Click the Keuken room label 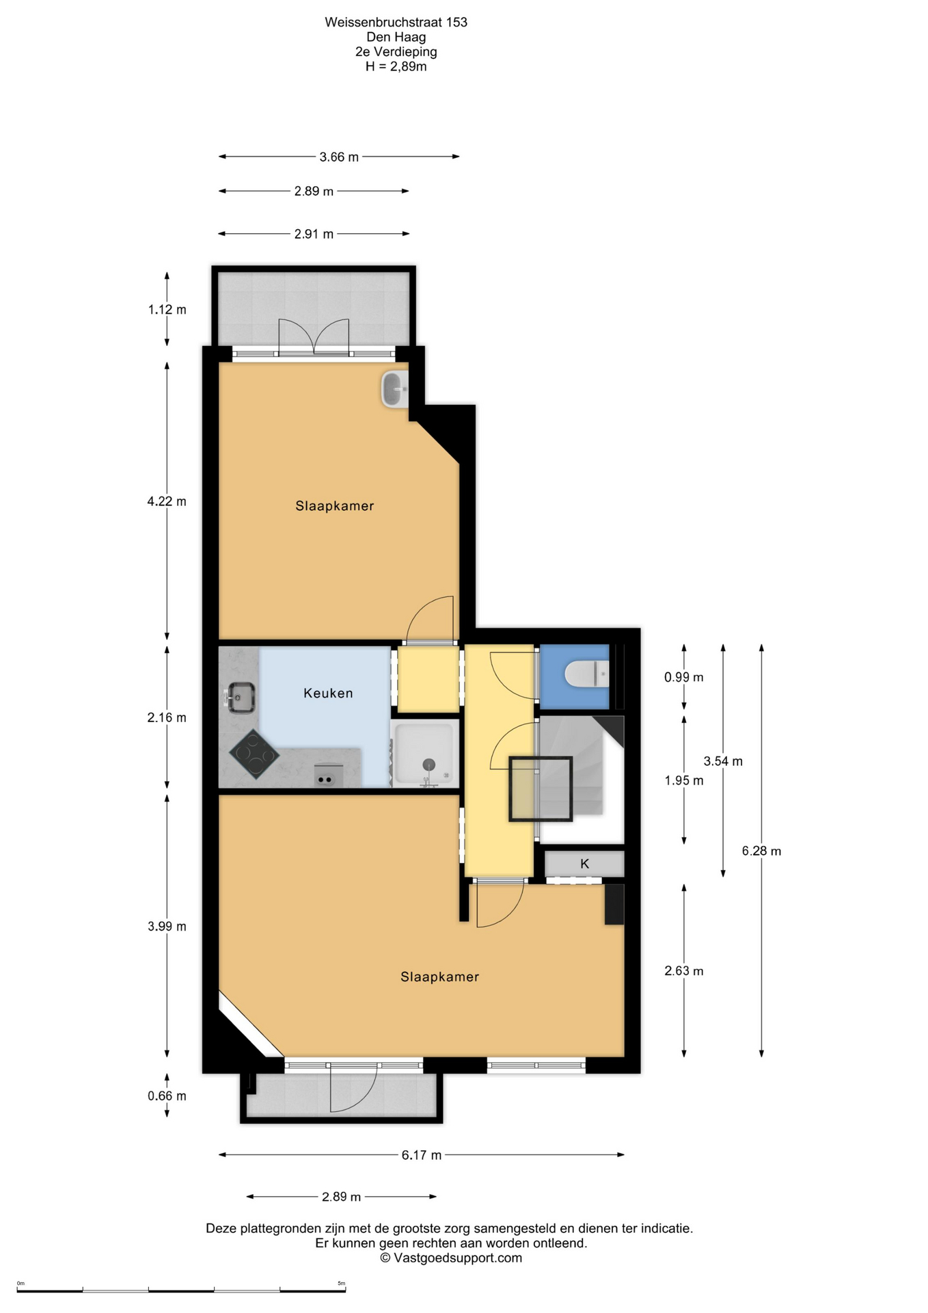(328, 693)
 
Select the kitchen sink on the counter (239, 698)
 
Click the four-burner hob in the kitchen (254, 754)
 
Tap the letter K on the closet (584, 864)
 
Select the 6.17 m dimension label (422, 1155)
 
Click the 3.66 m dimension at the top (339, 157)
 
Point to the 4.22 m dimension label (167, 501)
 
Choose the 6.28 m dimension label (761, 851)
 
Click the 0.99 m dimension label (684, 677)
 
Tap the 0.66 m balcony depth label (167, 1096)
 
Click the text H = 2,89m (396, 66)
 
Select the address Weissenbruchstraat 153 (396, 22)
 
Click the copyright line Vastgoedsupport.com (451, 1258)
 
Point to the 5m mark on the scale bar (342, 1283)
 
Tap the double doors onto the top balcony (314, 337)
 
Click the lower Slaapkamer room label (439, 977)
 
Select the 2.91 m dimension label (314, 234)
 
